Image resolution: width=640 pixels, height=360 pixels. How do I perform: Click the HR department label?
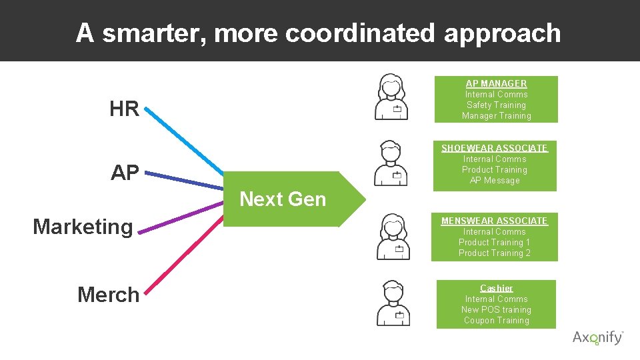(x=124, y=109)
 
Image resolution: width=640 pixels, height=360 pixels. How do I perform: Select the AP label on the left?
(x=125, y=173)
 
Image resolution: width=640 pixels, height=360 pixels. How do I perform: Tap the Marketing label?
(x=83, y=227)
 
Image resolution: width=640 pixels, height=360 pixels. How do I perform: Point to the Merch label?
(x=108, y=295)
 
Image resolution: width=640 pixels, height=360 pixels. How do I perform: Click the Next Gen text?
(x=282, y=199)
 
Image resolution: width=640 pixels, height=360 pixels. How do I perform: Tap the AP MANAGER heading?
(x=496, y=83)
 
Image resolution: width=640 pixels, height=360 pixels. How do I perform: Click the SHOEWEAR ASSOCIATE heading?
(x=494, y=148)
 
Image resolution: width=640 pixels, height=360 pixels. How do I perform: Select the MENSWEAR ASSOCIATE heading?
(x=494, y=221)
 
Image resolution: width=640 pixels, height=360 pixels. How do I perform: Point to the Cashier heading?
(x=496, y=288)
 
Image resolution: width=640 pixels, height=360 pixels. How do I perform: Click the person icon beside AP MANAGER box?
(x=392, y=97)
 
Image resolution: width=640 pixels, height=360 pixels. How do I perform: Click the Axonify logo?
(x=597, y=337)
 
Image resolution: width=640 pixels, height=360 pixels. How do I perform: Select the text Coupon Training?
(x=496, y=321)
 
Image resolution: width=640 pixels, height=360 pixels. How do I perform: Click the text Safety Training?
(x=496, y=105)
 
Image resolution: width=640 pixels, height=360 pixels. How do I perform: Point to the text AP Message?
(x=494, y=181)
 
